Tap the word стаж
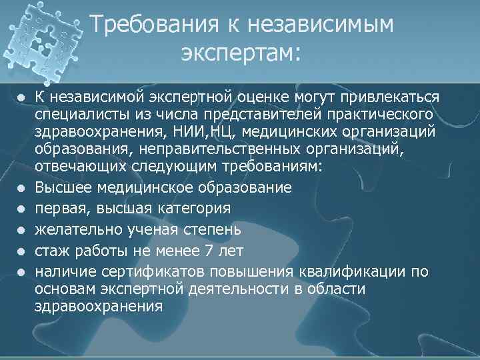(x=51, y=251)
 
